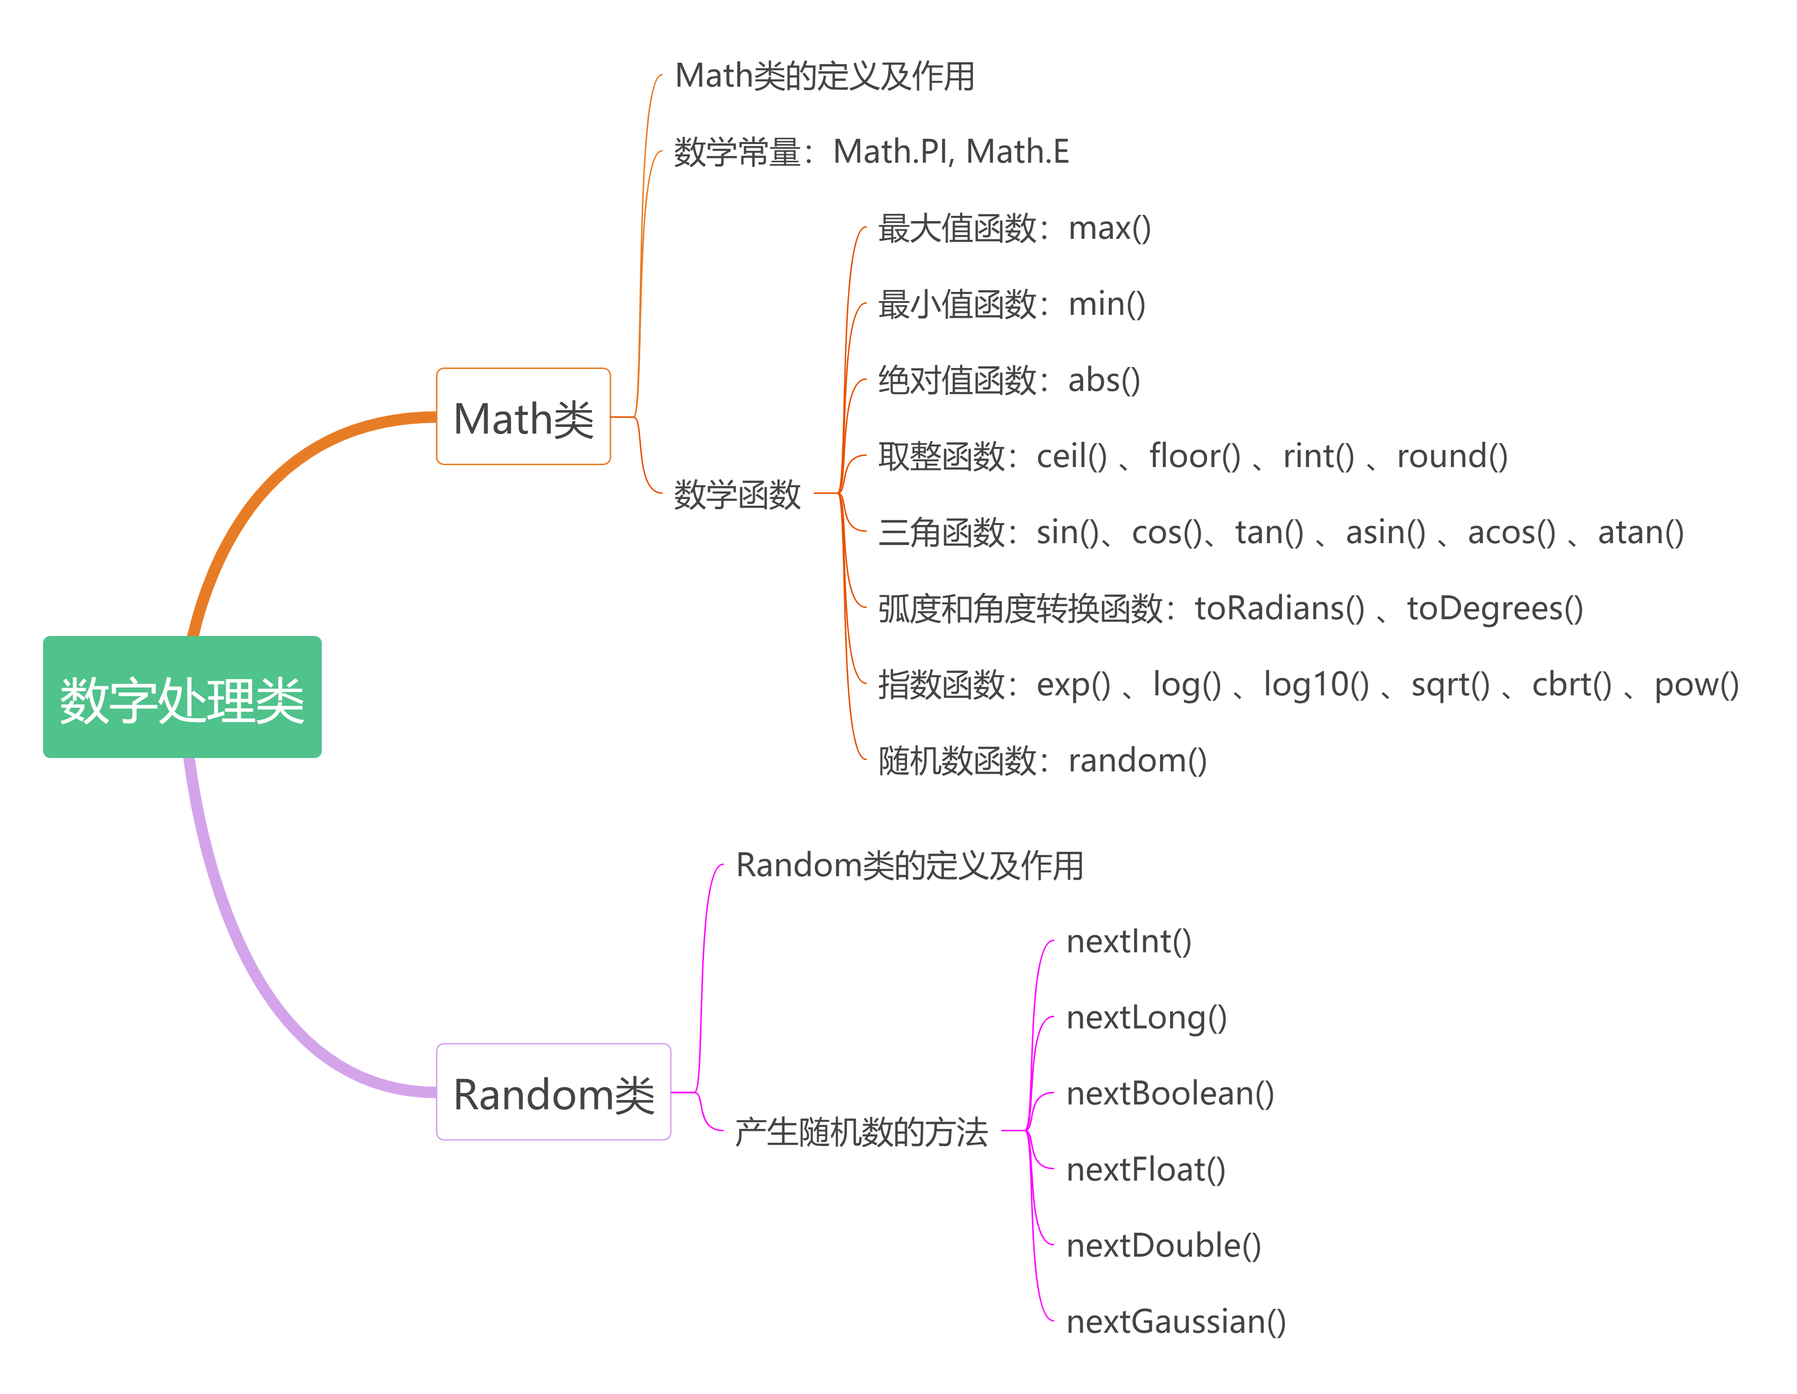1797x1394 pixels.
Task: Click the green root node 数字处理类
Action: pos(182,697)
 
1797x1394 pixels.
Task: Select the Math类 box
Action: pos(523,417)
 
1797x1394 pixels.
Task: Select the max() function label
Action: pos(1109,229)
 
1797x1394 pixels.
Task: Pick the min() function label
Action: pos(1107,304)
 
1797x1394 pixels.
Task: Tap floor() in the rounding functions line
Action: pos(1195,457)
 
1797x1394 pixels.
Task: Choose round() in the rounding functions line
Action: pos(1452,457)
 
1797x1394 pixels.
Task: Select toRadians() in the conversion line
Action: pos(1279,609)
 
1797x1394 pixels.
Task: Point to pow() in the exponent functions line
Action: pos(1696,685)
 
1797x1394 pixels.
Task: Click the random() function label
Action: pos(1137,761)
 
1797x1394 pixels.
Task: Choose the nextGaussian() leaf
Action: pos(1176,1322)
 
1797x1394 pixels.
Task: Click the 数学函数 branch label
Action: pos(737,494)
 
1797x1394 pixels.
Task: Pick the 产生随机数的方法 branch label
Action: pos(860,1132)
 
